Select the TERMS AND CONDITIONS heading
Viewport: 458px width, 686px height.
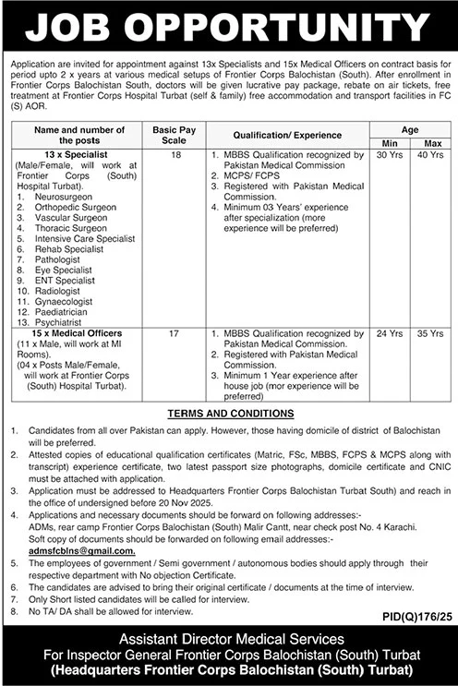click(229, 415)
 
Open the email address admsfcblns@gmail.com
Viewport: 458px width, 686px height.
click(82, 550)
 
